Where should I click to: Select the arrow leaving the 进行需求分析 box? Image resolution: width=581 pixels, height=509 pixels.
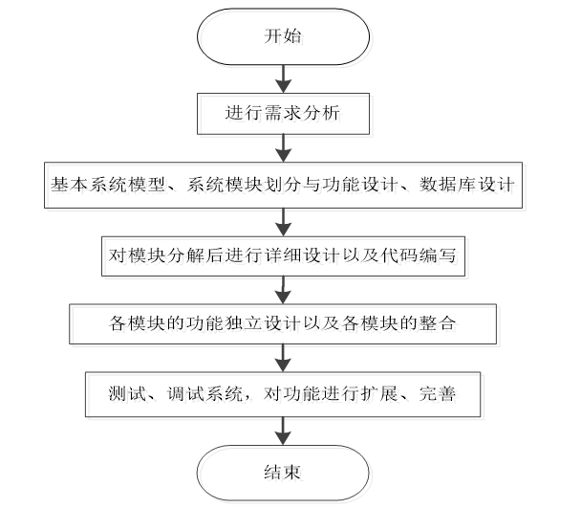point(282,148)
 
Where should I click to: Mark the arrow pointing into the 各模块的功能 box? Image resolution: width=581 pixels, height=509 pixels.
point(282,289)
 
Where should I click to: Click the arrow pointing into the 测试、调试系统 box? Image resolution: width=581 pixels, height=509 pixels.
point(282,358)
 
